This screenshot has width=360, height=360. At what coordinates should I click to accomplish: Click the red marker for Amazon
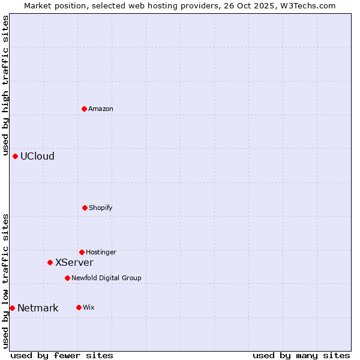[85, 109]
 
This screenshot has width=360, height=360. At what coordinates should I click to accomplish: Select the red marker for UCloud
[16, 156]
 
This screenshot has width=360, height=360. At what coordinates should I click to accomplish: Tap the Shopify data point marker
[85, 208]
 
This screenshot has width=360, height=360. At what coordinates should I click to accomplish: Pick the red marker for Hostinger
[82, 252]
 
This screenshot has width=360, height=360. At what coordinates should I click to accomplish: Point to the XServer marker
[50, 262]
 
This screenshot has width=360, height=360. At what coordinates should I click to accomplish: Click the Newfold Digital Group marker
[68, 278]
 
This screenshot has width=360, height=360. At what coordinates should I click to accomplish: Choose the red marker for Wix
[79, 307]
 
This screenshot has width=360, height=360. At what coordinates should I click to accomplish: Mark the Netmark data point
[13, 308]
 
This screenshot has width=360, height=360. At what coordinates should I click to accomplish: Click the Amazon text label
[101, 109]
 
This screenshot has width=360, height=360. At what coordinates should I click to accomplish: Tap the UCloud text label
[37, 157]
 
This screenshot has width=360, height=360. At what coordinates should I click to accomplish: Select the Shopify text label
[101, 208]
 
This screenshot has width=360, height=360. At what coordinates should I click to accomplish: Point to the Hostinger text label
[101, 252]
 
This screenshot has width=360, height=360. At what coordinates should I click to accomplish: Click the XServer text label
[74, 262]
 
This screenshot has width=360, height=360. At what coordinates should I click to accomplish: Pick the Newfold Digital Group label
[106, 278]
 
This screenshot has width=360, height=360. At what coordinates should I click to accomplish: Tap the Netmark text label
[38, 308]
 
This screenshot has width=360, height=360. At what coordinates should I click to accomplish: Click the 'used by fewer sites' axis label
[62, 355]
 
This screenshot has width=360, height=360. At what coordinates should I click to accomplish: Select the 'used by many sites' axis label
[301, 355]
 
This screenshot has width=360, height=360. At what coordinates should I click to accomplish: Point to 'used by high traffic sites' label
[5, 86]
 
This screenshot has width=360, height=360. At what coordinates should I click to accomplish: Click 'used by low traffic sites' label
[5, 280]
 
